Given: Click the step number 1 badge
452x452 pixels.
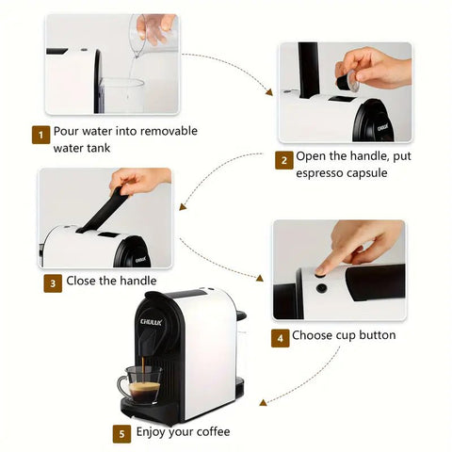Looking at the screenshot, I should click(41, 135).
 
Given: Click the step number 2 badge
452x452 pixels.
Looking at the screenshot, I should click(283, 160).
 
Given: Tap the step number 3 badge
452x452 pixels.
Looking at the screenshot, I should click(53, 282).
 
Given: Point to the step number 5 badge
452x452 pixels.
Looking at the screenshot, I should click(121, 434).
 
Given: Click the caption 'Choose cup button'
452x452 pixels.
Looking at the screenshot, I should click(345, 335).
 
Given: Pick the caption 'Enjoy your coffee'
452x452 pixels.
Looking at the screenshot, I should click(183, 432).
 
